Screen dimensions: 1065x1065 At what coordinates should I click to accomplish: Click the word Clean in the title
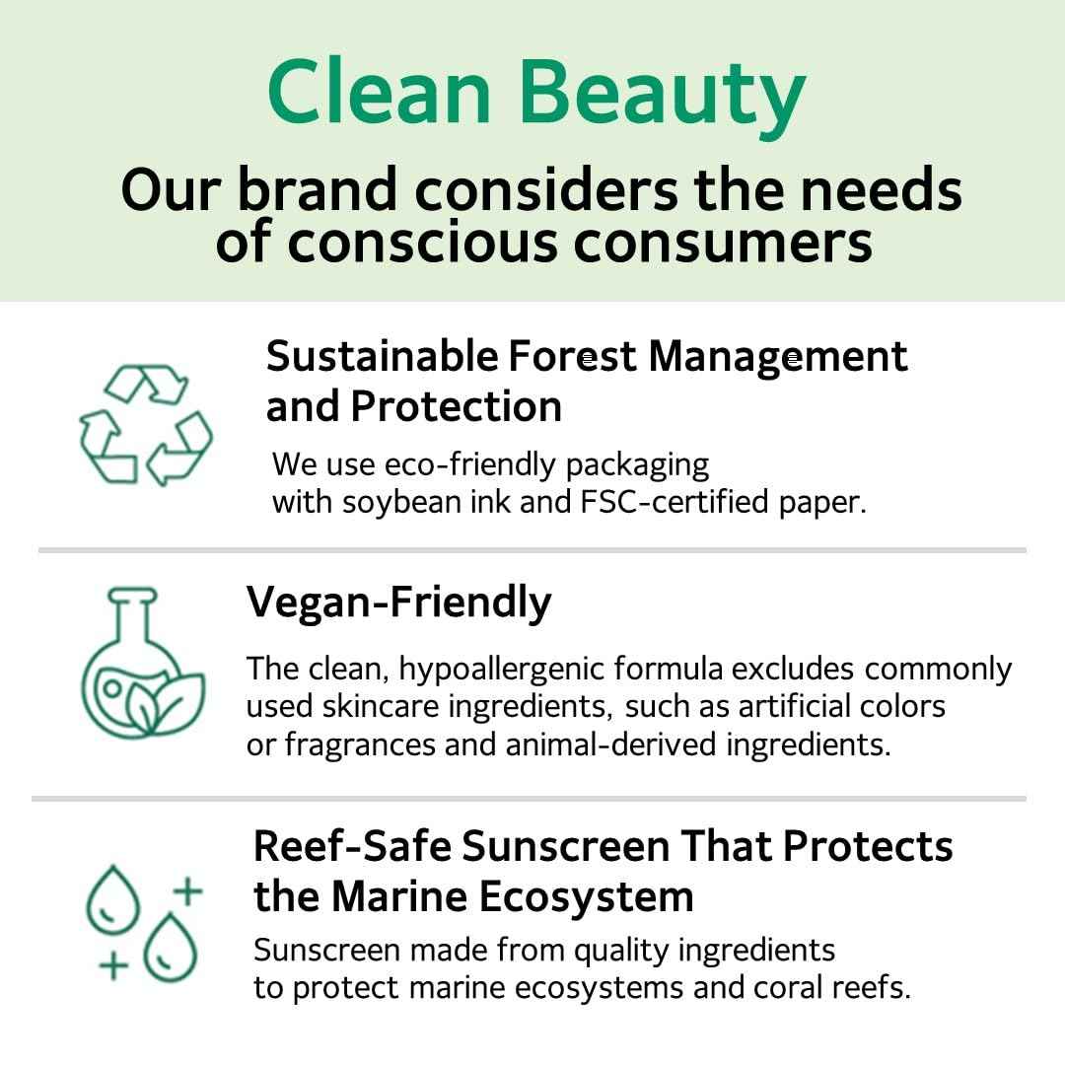(379, 93)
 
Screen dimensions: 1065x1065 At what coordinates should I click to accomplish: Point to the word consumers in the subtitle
(724, 241)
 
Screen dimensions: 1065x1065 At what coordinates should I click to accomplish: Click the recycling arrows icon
(146, 424)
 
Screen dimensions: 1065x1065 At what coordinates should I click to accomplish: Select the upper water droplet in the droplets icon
(108, 898)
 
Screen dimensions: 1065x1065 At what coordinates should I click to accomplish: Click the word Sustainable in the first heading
(383, 356)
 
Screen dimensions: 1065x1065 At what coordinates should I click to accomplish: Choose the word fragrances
(360, 745)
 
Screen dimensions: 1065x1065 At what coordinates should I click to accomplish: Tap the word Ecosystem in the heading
(587, 897)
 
